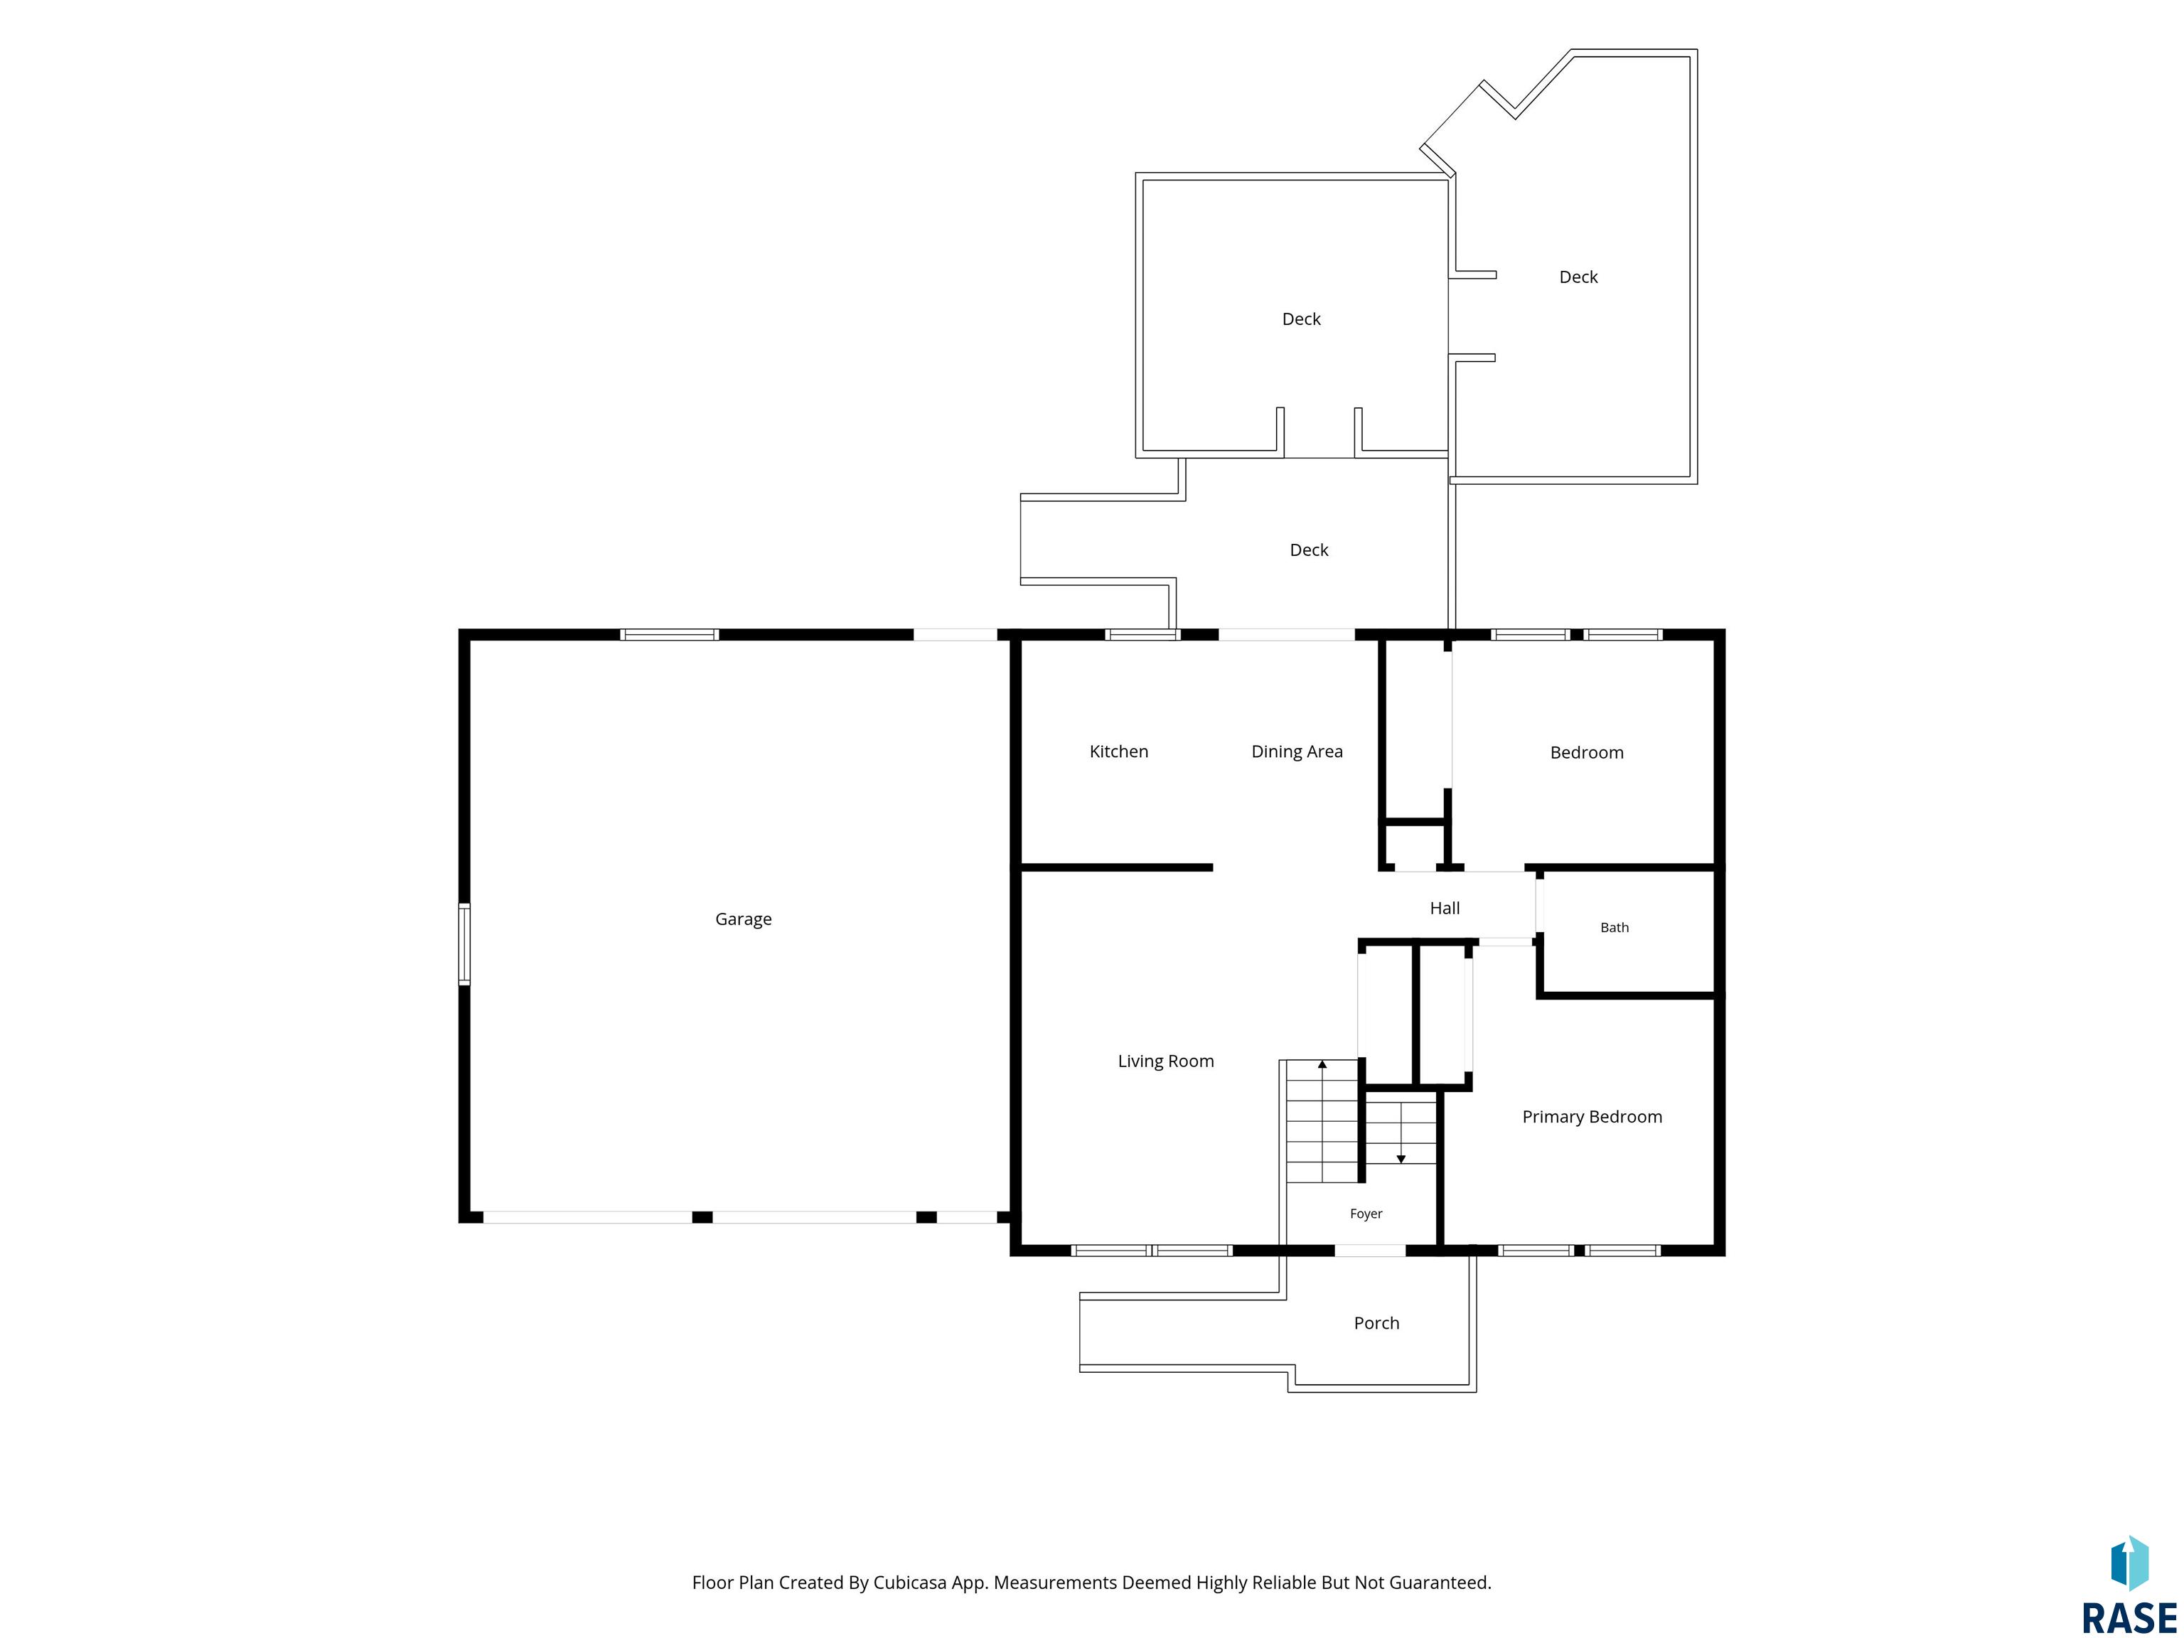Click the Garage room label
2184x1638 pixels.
pos(744,919)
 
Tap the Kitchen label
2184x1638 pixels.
pos(1118,751)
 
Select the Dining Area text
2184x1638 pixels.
pos(1297,751)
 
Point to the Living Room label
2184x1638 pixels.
pos(1166,1061)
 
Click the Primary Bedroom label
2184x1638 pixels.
pos(1592,1117)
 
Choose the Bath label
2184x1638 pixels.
pos(1615,927)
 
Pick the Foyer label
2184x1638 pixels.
pos(1366,1214)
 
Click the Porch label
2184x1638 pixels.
pos(1376,1323)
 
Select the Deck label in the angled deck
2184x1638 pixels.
pos(1578,277)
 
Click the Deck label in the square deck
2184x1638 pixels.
pos(1301,319)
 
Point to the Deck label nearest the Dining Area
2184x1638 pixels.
pos(1310,550)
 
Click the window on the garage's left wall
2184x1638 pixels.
pos(464,944)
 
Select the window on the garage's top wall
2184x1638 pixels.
pos(670,635)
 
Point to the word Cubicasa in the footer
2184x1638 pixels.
pos(910,1583)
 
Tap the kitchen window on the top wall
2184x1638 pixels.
pos(1143,635)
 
